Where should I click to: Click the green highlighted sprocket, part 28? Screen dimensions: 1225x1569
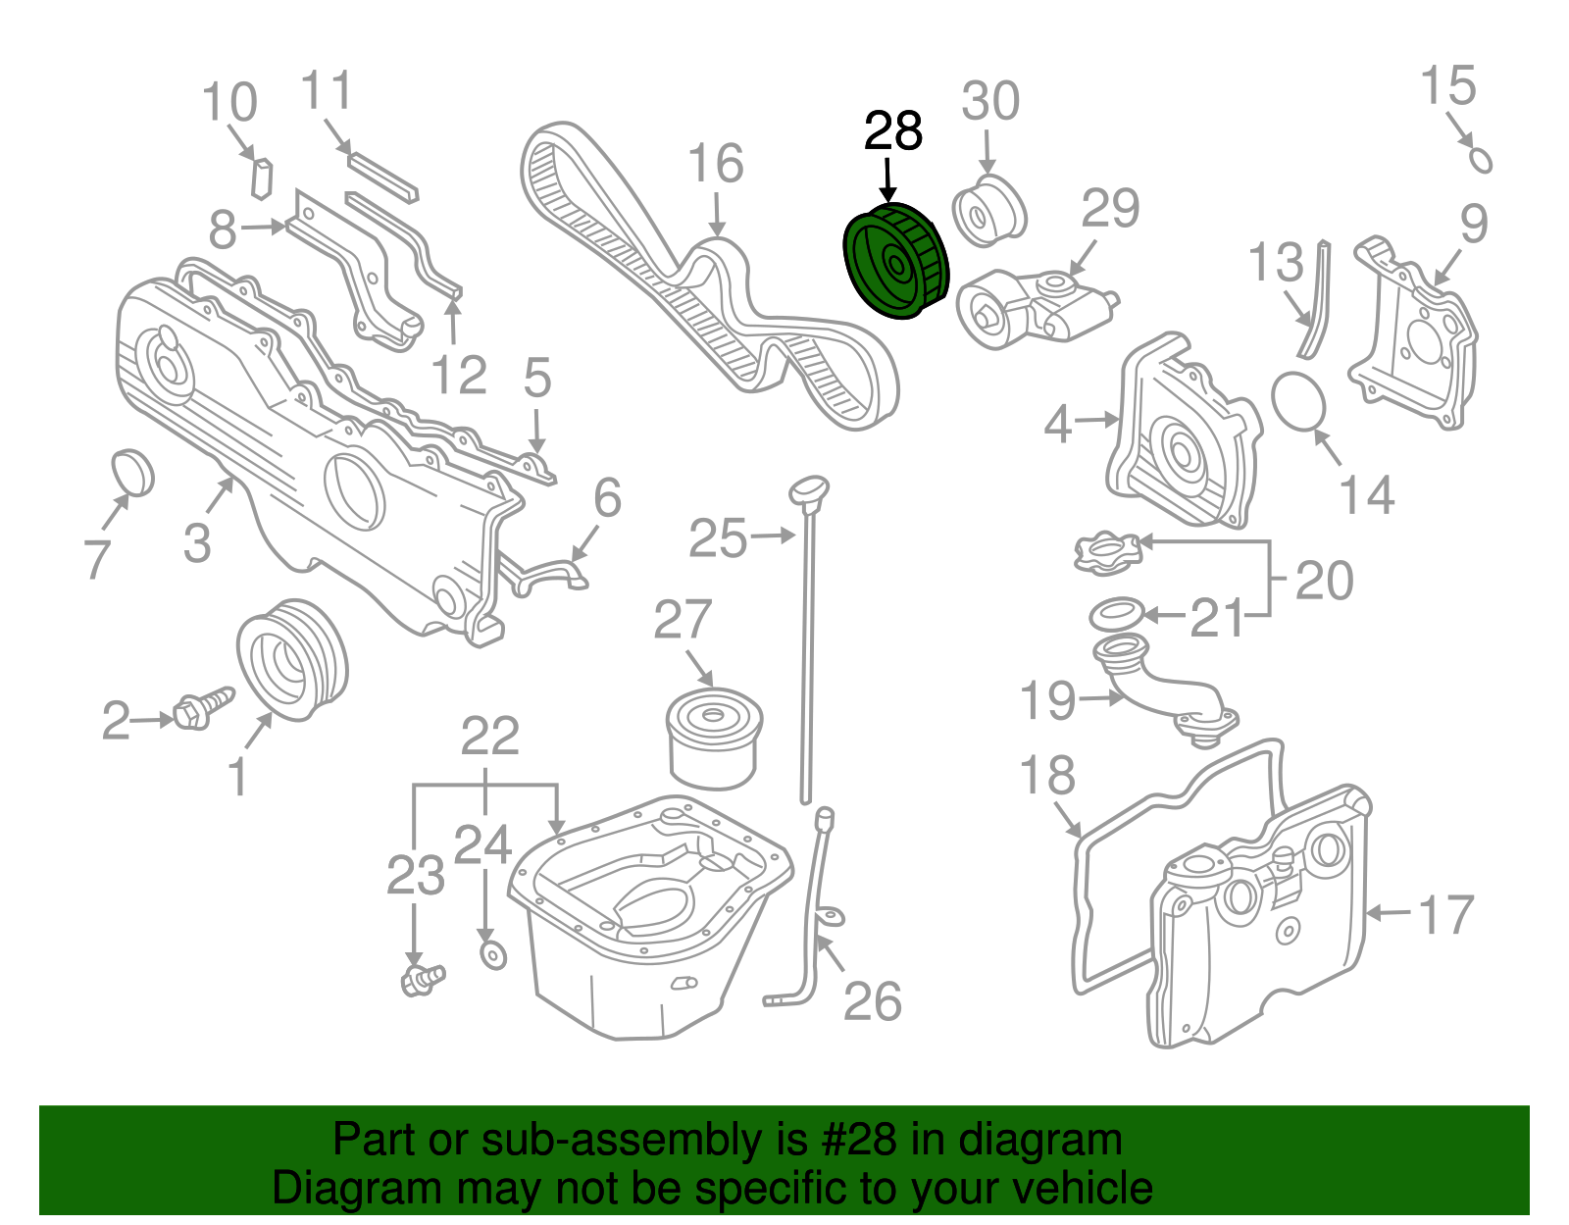pos(895,262)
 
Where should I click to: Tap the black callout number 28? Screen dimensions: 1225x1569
pos(892,131)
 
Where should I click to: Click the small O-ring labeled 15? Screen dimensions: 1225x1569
pos(1481,159)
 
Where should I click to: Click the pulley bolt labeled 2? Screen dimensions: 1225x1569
pos(202,708)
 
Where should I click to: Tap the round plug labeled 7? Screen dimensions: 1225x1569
pos(133,473)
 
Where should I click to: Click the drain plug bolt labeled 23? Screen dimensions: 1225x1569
pos(422,978)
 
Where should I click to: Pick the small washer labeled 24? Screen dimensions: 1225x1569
pos(492,953)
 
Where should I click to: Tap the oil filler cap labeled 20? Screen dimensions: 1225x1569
pos(1107,551)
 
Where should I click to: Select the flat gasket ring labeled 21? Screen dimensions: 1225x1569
pos(1116,614)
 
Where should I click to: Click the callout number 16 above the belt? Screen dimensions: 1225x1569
pos(716,164)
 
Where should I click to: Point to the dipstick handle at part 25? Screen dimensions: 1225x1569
pos(810,490)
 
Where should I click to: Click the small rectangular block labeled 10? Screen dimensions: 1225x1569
pos(262,177)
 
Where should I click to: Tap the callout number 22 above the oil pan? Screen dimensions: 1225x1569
pos(489,736)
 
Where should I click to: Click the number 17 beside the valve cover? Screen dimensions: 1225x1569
pos(1445,914)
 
